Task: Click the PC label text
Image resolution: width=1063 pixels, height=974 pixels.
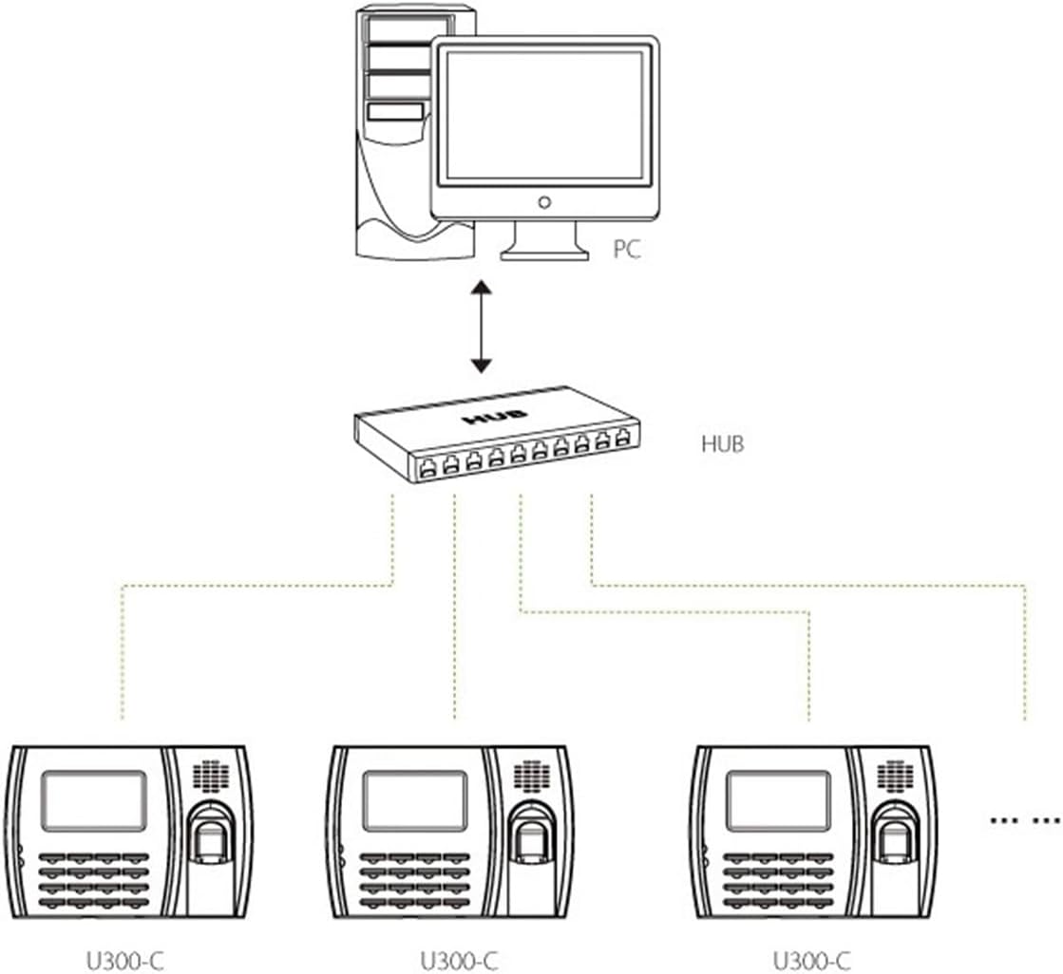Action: point(626,250)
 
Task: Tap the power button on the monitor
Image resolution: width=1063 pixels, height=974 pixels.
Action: point(543,202)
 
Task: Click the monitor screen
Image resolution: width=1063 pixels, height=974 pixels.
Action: point(543,114)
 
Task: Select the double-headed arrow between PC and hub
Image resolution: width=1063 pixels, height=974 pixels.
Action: point(483,326)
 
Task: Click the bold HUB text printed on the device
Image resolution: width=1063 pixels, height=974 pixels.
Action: point(486,419)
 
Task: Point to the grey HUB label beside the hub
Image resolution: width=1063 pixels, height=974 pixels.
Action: point(722,442)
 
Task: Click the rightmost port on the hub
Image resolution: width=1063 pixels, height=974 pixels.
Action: point(623,439)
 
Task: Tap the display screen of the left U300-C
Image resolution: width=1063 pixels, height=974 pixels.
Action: point(94,800)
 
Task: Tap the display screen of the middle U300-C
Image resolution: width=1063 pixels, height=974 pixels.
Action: point(414,800)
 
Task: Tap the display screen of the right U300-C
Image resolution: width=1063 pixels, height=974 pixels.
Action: point(778,800)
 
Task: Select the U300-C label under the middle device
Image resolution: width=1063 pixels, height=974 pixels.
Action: point(459,961)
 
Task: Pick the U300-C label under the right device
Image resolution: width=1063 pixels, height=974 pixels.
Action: point(811,961)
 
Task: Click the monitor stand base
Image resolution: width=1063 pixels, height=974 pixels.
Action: point(544,252)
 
